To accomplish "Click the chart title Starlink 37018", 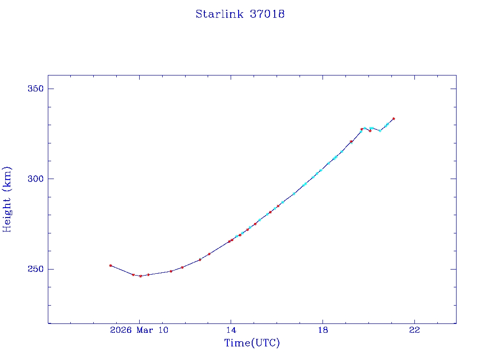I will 240,14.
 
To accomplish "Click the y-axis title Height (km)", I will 7,199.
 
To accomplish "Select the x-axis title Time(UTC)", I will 252,343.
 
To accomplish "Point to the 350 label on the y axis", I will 34,89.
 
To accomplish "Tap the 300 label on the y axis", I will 34,179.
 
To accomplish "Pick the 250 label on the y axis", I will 34,269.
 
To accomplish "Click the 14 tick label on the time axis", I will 231,330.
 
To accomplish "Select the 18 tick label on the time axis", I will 322,330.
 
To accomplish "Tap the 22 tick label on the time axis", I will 414,330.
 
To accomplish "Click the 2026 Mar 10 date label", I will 139,330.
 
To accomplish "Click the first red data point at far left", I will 111,265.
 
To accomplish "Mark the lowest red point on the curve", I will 141,276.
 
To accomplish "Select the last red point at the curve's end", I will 394,119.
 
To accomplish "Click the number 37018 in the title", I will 267,14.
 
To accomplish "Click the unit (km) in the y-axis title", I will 7,176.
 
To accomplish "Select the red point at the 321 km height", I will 351,142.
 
